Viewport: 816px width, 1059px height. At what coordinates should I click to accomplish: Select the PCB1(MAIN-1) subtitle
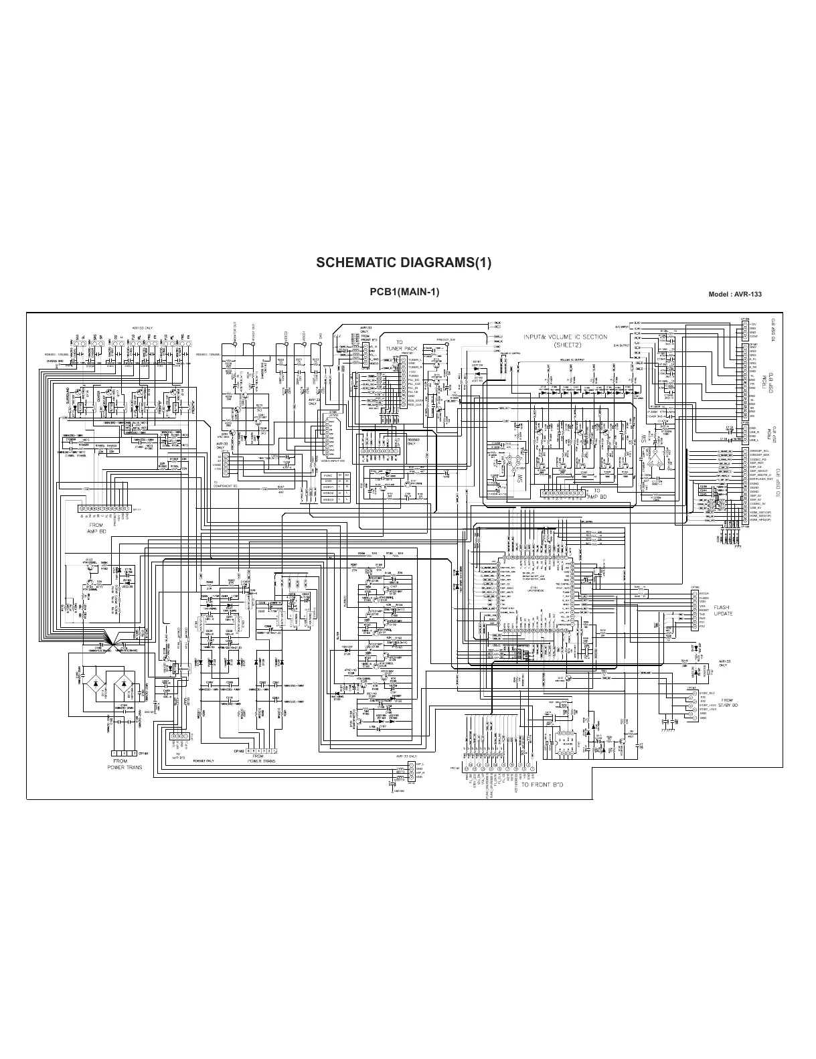coord(404,292)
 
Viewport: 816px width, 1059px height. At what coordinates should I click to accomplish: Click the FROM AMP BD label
coord(97,528)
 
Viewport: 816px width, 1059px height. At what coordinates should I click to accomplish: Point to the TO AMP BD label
coord(600,494)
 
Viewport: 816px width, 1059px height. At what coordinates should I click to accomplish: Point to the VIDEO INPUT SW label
coord(332,461)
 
